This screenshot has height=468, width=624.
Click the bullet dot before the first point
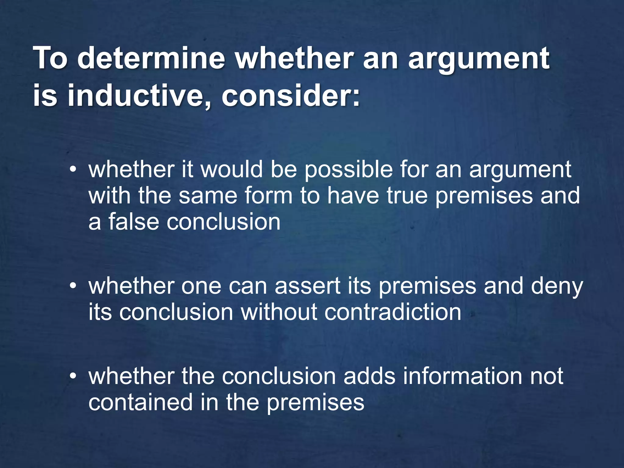[x=72, y=170]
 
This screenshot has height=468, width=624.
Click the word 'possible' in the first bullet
[x=349, y=170]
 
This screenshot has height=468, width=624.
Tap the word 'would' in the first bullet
[x=231, y=170]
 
